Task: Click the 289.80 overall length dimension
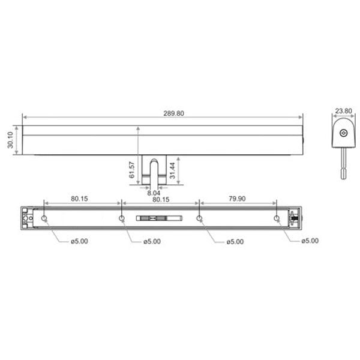[173, 113]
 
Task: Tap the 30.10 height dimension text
[10, 140]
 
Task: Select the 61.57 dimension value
[131, 170]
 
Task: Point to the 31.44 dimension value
[172, 170]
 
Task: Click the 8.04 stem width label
[154, 193]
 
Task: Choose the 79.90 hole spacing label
[237, 199]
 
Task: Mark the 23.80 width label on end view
[343, 111]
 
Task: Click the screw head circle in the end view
[343, 133]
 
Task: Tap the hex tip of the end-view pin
[343, 174]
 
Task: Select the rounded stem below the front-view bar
[154, 172]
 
